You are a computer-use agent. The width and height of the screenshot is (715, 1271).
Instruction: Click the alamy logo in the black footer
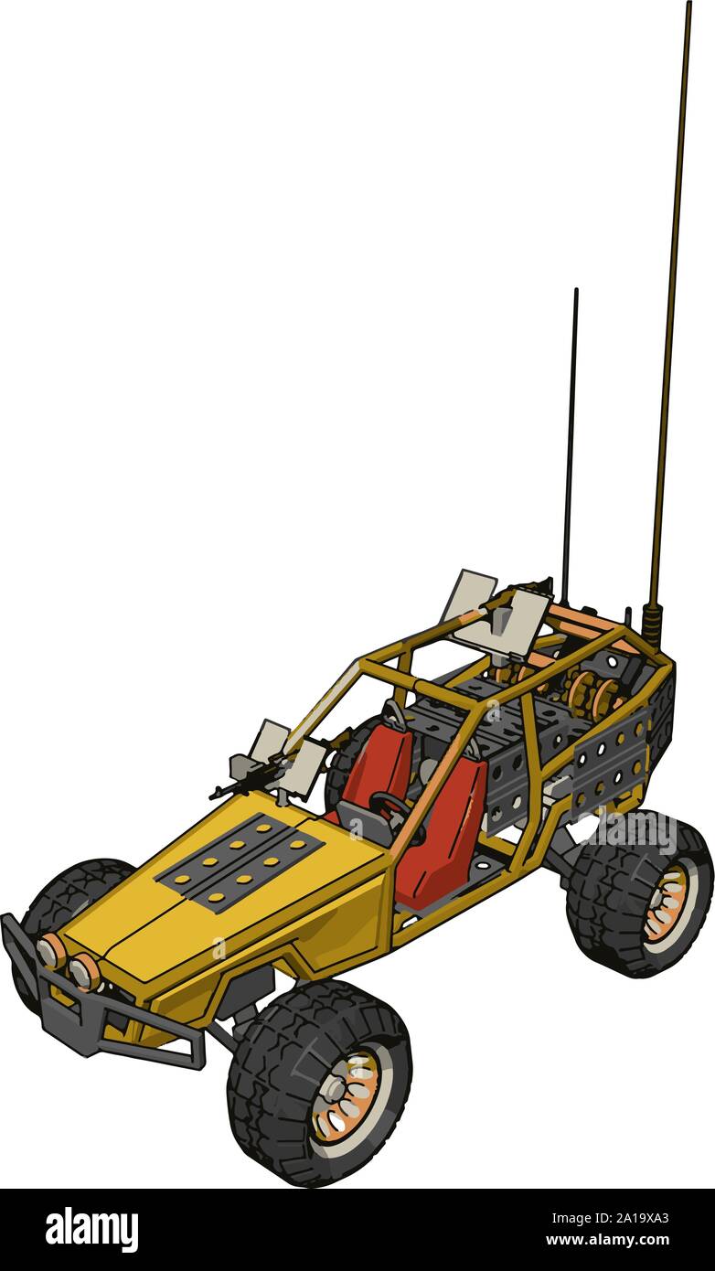[91, 1229]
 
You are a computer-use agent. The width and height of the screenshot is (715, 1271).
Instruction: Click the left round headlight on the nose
[51, 952]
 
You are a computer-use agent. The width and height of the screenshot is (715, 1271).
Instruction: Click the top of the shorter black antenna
[576, 293]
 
